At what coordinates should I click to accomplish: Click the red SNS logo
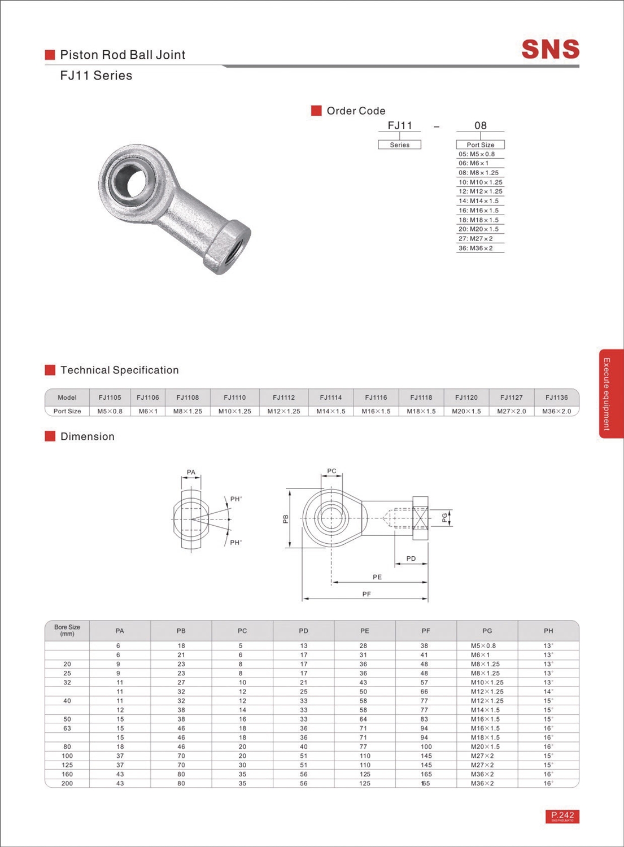pos(550,49)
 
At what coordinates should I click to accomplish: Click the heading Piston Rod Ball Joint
pos(123,55)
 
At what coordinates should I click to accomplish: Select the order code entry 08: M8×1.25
pos(478,173)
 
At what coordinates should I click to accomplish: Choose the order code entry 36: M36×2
pos(475,248)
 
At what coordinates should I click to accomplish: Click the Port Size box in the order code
pos(480,145)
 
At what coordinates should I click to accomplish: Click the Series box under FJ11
pos(399,145)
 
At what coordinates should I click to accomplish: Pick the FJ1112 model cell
pos(283,398)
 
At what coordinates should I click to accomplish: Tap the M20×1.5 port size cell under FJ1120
pos(466,411)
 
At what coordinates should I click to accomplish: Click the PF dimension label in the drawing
pos(366,594)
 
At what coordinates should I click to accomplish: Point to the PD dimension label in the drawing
pos(411,558)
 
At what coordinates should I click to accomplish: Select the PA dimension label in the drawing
pos(191,472)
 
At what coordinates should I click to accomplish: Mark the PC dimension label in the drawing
pos(331,471)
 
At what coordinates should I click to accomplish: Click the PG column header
pos(487,631)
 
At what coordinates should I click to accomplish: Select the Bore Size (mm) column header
pos(67,630)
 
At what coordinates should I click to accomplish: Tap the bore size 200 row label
pos(67,783)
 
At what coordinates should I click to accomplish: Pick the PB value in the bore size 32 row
pos(181,682)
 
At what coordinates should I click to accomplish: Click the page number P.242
pos(562,815)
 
